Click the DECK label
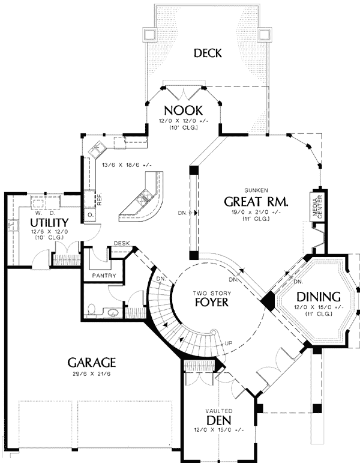(208, 53)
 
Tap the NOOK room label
(184, 110)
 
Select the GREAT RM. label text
(257, 201)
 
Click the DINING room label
(319, 297)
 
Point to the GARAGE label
(91, 363)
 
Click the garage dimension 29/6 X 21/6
(91, 374)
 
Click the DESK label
(122, 243)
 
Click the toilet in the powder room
(91, 310)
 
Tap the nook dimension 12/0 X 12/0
(184, 121)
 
